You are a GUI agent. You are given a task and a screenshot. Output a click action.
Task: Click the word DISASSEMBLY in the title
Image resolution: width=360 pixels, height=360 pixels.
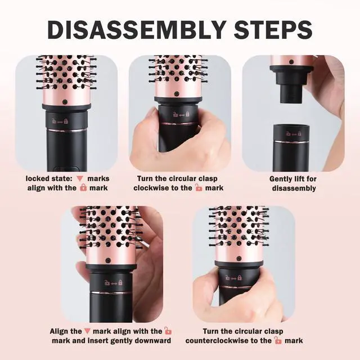pyautogui.click(x=137, y=30)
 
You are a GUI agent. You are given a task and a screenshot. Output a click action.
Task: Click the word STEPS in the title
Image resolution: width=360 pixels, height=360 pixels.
pyautogui.click(x=273, y=30)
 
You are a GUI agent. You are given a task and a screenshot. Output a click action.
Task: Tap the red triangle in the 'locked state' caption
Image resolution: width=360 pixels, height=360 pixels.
pyautogui.click(x=80, y=179)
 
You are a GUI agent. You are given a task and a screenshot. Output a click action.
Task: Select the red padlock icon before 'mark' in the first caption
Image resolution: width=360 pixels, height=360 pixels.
pyautogui.click(x=83, y=187)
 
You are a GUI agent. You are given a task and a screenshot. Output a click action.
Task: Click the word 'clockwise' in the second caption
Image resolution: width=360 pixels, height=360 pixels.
pyautogui.click(x=151, y=188)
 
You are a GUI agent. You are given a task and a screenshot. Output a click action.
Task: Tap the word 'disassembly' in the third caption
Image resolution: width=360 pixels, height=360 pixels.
pyautogui.click(x=294, y=188)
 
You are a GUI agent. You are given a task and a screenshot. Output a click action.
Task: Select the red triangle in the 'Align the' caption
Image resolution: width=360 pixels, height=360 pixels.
pyautogui.click(x=87, y=331)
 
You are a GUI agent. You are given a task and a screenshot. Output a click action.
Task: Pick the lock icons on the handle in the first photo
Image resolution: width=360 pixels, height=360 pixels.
pyautogui.click(x=60, y=121)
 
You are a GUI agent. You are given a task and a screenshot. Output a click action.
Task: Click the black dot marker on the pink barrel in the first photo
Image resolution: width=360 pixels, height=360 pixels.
pyautogui.click(x=65, y=101)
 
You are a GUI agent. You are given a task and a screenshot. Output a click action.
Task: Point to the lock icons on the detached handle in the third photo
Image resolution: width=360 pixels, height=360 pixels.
pyautogui.click(x=294, y=133)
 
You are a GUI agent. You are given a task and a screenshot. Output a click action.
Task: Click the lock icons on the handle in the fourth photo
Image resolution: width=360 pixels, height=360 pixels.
pyautogui.click(x=114, y=282)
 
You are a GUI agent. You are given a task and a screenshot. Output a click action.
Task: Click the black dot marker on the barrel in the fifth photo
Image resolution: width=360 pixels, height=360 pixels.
pyautogui.click(x=239, y=259)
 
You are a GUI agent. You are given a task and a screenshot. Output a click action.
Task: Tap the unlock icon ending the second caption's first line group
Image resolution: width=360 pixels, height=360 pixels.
pyautogui.click(x=199, y=187)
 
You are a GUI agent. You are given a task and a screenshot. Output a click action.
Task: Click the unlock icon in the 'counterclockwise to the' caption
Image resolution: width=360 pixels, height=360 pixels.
pyautogui.click(x=278, y=340)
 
